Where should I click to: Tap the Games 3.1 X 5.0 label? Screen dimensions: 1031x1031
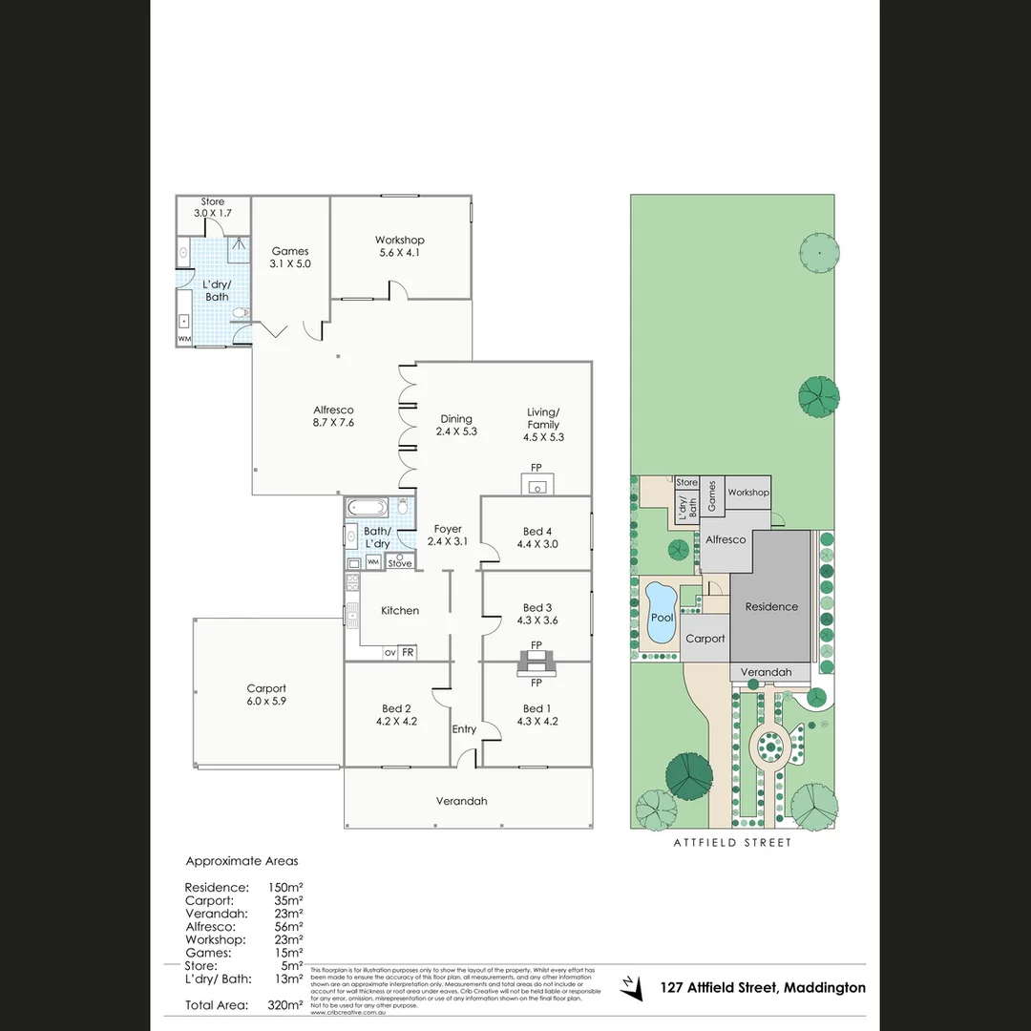click(x=289, y=257)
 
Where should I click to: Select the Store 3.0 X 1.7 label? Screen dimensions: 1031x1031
click(x=213, y=207)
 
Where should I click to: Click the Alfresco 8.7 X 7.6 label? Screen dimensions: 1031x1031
click(x=333, y=416)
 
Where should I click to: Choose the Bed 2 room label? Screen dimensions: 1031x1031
click(x=396, y=715)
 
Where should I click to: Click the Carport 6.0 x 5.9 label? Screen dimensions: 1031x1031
click(x=266, y=694)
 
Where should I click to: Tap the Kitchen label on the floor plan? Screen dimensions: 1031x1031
click(x=400, y=611)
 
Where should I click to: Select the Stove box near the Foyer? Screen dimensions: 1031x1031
click(x=400, y=563)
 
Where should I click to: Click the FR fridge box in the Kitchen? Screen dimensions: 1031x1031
click(x=408, y=652)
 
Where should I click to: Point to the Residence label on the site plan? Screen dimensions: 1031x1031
click(x=771, y=607)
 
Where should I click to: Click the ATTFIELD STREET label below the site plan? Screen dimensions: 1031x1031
click(x=732, y=843)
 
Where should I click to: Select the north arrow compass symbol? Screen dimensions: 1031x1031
click(x=631, y=988)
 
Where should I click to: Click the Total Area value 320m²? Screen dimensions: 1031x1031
click(x=285, y=1004)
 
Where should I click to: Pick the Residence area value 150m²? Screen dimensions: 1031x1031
click(x=285, y=887)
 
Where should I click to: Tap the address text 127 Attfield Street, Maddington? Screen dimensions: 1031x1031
click(x=763, y=988)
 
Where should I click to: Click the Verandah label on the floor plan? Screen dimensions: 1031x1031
click(x=461, y=801)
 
